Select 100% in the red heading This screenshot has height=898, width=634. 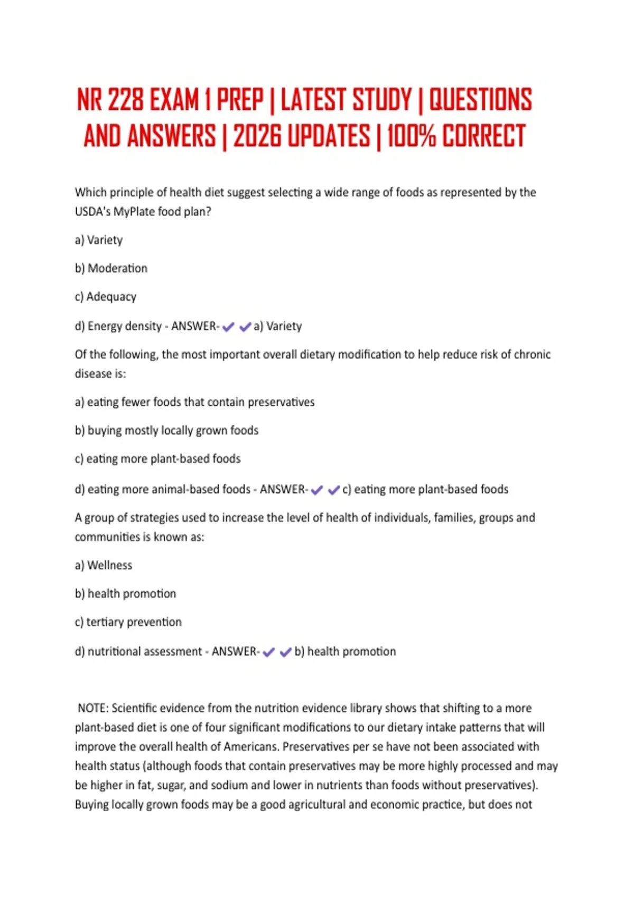tap(412, 136)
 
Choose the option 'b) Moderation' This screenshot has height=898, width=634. tap(111, 268)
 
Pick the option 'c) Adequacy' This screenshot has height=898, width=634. tap(106, 297)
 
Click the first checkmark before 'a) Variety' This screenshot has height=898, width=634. tap(228, 327)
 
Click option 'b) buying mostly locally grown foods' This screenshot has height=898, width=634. tap(166, 431)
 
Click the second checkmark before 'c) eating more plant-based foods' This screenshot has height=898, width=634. tap(333, 490)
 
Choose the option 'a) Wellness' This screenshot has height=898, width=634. tap(104, 565)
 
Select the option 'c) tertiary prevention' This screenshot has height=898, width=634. tap(128, 622)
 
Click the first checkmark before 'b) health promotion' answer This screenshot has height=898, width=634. tap(268, 652)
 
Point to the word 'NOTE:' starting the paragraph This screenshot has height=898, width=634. tap(93, 708)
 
